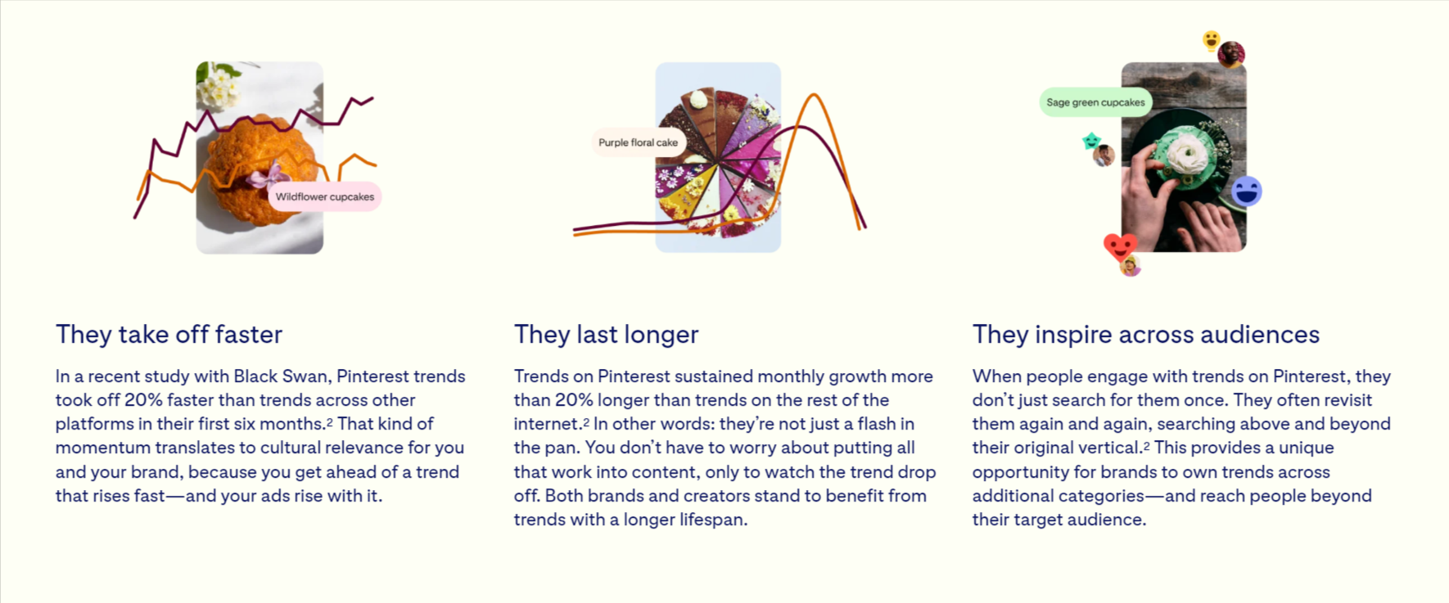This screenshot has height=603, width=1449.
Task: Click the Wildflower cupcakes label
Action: [x=325, y=196]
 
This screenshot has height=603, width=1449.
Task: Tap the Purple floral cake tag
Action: [x=638, y=142]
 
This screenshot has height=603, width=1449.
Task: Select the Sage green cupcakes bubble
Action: [x=1095, y=102]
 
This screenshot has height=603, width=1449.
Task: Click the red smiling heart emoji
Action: [x=1120, y=246]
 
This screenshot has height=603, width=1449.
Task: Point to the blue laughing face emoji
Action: [x=1246, y=191]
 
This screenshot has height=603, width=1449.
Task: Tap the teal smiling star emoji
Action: [x=1091, y=142]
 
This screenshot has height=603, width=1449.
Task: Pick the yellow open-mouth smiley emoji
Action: [x=1211, y=40]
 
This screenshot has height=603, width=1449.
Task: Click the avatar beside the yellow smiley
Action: [x=1231, y=55]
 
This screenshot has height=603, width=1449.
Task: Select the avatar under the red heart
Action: [x=1131, y=266]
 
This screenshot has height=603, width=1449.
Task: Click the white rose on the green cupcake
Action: [x=1185, y=153]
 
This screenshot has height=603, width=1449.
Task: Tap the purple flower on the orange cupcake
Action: [x=268, y=178]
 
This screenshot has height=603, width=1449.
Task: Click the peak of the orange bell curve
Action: [x=814, y=95]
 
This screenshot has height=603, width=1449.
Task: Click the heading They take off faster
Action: [x=169, y=334]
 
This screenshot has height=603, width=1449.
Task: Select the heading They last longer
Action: [x=607, y=334]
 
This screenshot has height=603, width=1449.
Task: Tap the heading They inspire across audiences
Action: [x=1146, y=334]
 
